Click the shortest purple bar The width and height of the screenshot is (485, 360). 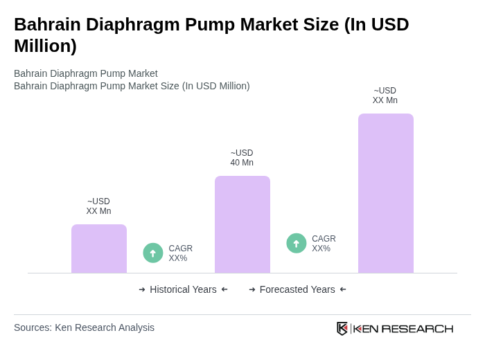[99, 249]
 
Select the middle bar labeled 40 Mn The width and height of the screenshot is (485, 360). [242, 224]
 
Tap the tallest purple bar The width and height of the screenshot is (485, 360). [386, 193]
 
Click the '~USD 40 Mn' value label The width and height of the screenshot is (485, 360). [242, 158]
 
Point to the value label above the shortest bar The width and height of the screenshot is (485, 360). [98, 206]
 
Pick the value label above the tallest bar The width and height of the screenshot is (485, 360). [385, 96]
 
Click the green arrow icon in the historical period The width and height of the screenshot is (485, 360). [153, 253]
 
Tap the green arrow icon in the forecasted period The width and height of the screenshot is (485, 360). [297, 244]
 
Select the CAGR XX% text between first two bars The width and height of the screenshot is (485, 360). [180, 253]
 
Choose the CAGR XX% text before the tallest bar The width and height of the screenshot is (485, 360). [324, 244]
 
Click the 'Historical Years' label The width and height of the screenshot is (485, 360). [183, 289]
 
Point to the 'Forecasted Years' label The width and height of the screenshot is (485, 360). [297, 289]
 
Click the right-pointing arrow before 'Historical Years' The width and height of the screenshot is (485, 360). [142, 289]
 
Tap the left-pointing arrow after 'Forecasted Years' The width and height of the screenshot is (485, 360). [343, 289]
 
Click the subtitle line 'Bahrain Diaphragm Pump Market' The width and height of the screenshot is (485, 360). [86, 73]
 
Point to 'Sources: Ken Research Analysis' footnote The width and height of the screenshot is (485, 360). [84, 327]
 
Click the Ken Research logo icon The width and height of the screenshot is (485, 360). [342, 328]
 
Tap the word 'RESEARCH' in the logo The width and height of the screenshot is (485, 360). [417, 328]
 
